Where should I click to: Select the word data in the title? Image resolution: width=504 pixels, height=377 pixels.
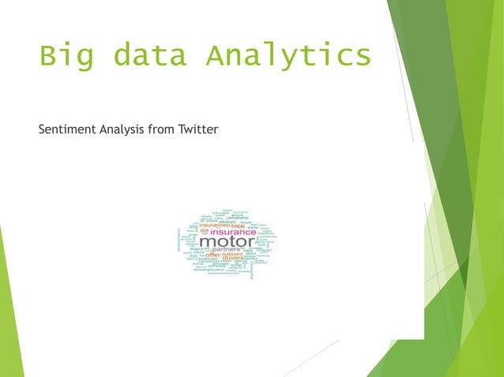pyautogui.click(x=149, y=57)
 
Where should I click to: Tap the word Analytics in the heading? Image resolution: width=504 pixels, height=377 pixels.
pyautogui.click(x=288, y=57)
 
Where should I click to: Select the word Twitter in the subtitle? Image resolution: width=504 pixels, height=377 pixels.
pyautogui.click(x=198, y=129)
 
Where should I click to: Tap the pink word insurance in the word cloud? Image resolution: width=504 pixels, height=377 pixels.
pyautogui.click(x=232, y=232)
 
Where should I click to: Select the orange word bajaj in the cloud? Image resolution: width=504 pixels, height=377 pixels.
pyautogui.click(x=238, y=226)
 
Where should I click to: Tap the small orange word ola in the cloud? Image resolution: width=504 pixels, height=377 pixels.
pyautogui.click(x=203, y=232)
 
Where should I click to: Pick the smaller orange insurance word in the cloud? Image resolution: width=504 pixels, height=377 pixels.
pyautogui.click(x=212, y=226)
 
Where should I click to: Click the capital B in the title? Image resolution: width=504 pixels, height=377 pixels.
pyautogui.click(x=48, y=57)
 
